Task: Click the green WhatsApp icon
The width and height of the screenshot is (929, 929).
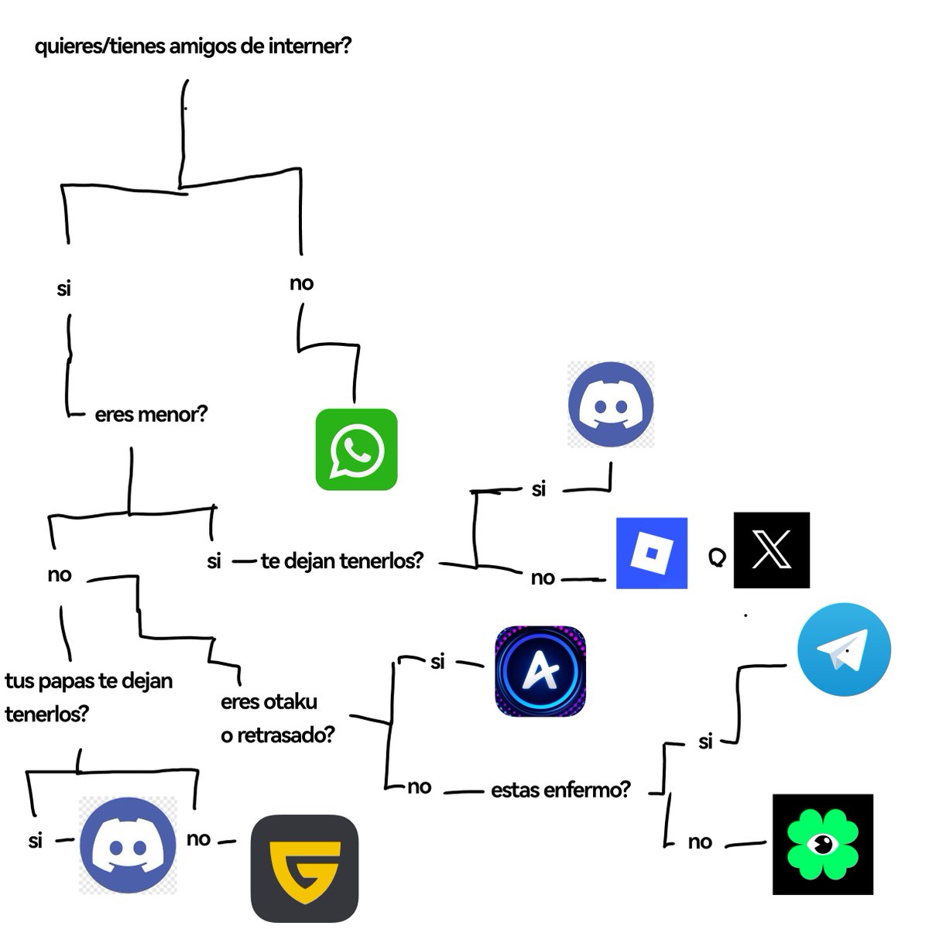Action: [x=356, y=449]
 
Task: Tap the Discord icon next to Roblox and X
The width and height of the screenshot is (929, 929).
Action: [x=611, y=404]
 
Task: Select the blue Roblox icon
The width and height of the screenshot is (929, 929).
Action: [x=652, y=553]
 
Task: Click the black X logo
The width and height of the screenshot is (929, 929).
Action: [x=771, y=550]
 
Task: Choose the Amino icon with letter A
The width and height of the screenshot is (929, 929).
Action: [x=540, y=671]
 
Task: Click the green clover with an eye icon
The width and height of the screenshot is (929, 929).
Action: [x=823, y=844]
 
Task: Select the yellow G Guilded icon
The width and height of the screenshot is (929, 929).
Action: [x=304, y=868]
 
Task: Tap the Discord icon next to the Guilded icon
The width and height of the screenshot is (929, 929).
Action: [x=129, y=845]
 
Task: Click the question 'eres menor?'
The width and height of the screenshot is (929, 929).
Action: [x=151, y=414]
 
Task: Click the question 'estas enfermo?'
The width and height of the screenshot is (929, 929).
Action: [x=560, y=790]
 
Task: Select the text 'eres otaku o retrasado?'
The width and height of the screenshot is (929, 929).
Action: [x=277, y=718]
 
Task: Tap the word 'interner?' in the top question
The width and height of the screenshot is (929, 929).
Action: [x=310, y=46]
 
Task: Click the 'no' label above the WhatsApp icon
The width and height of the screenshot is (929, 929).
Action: [x=301, y=283]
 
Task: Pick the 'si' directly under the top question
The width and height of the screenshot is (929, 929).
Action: [x=63, y=289]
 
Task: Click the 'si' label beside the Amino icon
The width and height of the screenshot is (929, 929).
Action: [x=437, y=662]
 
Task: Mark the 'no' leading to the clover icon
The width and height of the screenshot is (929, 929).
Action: [x=700, y=842]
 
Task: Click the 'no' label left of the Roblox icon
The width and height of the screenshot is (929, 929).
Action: [x=542, y=578]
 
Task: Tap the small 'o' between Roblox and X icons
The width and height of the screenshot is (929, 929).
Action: [x=717, y=557]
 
